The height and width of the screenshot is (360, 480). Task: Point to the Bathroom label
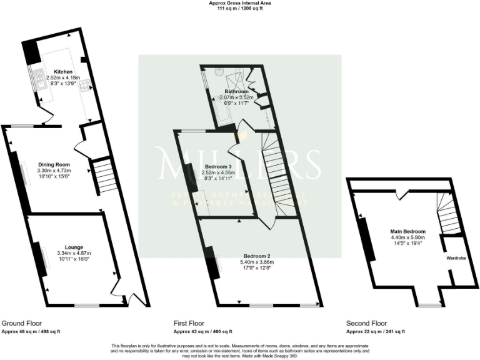click(x=237, y=92)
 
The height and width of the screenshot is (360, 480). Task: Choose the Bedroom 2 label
click(x=257, y=256)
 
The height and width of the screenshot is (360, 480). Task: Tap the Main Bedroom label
click(x=407, y=231)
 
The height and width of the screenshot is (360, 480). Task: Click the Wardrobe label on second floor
click(x=454, y=257)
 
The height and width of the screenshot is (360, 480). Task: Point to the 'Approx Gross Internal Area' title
click(x=240, y=3)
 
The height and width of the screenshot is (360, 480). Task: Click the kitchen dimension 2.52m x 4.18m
click(x=63, y=77)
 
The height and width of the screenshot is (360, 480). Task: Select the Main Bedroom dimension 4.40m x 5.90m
click(x=407, y=237)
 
